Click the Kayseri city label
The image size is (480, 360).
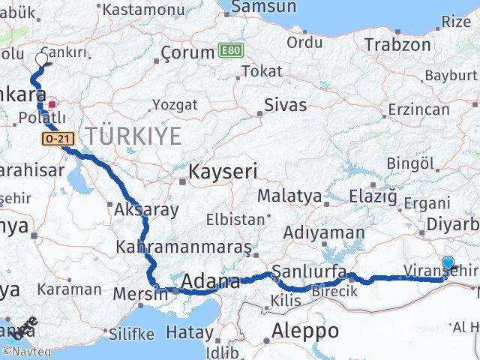pos(223,172)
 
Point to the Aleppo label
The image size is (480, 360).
pos(304,330)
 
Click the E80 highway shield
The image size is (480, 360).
pos(231,49)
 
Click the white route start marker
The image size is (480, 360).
pos(40,59)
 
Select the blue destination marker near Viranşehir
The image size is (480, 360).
pos(448,263)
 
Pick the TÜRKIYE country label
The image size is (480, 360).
pos(132,136)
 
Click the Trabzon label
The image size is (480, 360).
pos(393,44)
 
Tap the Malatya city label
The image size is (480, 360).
pos(289,196)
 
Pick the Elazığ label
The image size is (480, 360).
pos(372,197)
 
